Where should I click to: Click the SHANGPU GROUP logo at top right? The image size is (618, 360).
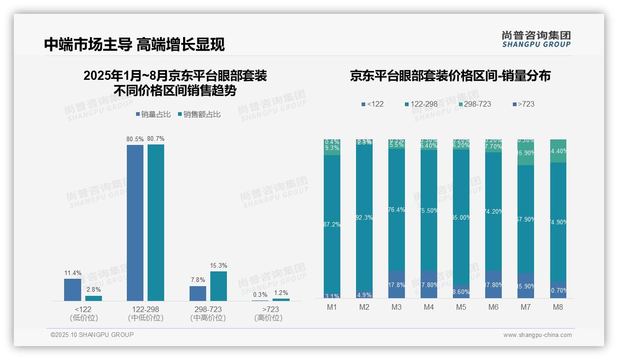point(536,39)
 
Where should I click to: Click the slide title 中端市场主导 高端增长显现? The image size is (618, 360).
point(134,44)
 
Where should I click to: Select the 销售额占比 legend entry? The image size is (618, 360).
point(199,114)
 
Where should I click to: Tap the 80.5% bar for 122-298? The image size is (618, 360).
point(135,222)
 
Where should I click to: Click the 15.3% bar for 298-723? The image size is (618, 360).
point(218,286)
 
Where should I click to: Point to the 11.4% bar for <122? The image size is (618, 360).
point(72,289)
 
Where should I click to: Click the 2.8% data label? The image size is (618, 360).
point(94,289)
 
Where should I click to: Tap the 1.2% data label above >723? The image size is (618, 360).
point(281,293)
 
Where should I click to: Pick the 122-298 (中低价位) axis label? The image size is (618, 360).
point(145,313)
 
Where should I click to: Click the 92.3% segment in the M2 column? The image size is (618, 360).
point(364,217)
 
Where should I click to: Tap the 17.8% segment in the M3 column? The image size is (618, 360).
point(397,284)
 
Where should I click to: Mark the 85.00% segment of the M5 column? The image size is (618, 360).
point(461,217)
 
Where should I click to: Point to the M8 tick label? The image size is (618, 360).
point(558,307)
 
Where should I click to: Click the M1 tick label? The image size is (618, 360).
point(332,307)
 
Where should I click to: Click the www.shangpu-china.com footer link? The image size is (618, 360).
point(537,335)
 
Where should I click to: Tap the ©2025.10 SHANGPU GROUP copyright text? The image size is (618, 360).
point(92,335)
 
